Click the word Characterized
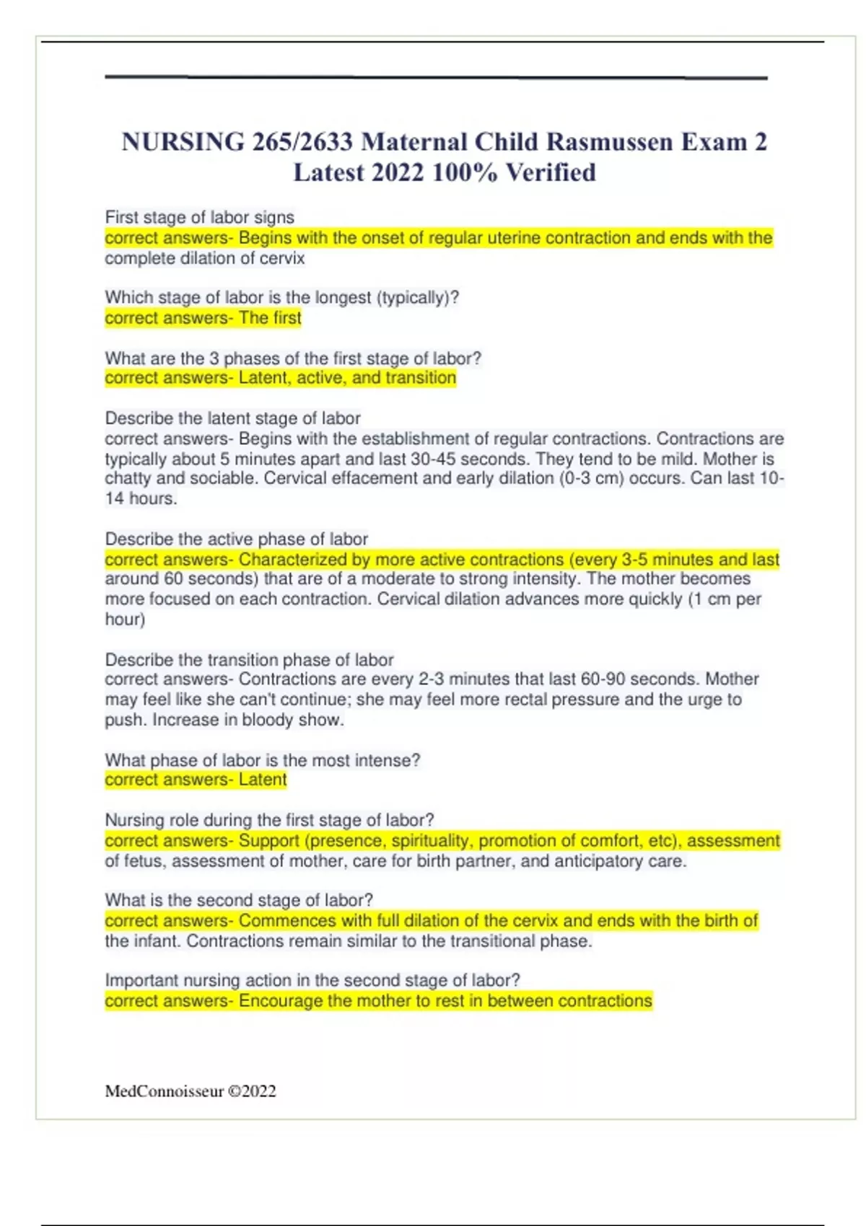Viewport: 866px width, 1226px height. pyautogui.click(x=293, y=560)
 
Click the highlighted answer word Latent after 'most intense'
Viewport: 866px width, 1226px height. pyautogui.click(x=263, y=780)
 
